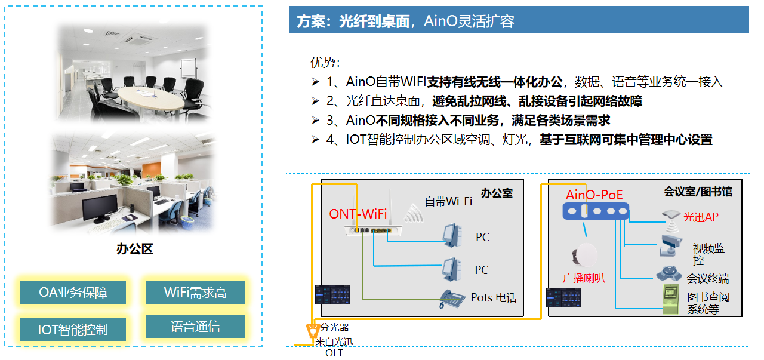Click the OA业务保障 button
point(73,293)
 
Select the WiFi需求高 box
point(195,293)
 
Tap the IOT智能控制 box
point(73,329)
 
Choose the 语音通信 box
point(195,327)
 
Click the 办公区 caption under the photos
point(135,249)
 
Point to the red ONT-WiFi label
point(358,214)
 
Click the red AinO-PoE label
point(594,195)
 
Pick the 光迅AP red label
point(701,217)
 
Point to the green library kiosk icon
point(671,299)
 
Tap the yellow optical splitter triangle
point(311,331)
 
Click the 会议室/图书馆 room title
point(698,192)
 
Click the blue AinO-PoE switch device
point(595,211)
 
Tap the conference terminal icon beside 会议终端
point(670,274)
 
